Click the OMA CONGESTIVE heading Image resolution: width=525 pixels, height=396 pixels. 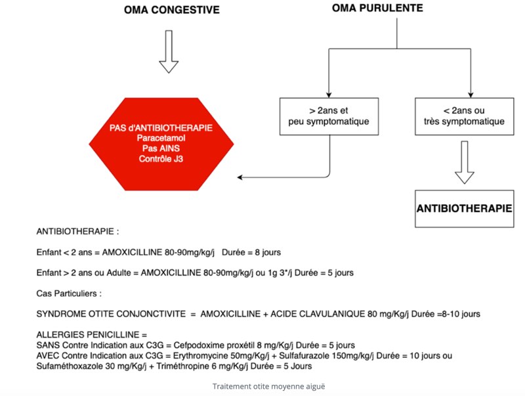172,10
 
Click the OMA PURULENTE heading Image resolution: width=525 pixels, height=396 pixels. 377,8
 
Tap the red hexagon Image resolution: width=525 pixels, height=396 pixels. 161,144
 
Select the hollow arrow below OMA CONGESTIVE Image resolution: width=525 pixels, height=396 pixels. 169,52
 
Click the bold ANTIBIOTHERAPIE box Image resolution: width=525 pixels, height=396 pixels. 465,209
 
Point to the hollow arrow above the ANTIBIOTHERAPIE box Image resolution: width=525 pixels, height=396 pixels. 465,162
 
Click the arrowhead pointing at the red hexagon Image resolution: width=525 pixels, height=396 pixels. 240,177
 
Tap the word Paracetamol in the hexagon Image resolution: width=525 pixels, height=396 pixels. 161,138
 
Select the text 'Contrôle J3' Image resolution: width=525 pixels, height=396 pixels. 161,159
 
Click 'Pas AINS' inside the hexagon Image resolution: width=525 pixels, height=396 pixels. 161,148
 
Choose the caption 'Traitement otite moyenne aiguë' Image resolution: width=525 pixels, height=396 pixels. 268,386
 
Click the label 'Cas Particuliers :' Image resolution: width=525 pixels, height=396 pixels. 69,294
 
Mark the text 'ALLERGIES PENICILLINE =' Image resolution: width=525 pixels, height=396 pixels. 92,335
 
